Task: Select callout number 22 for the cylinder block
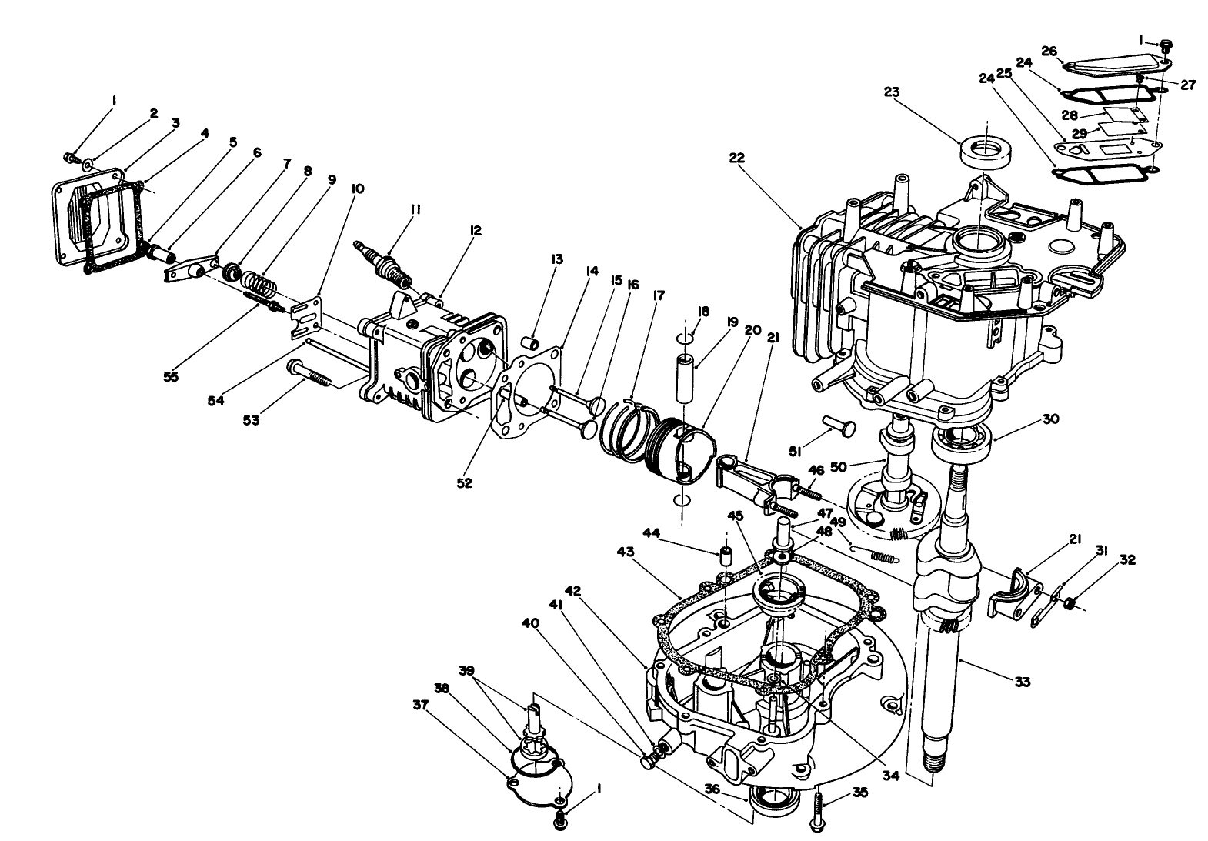point(737,158)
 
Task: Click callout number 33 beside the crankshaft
point(1022,681)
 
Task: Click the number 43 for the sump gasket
point(626,552)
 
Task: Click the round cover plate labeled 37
point(539,777)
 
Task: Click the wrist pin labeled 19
point(685,376)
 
